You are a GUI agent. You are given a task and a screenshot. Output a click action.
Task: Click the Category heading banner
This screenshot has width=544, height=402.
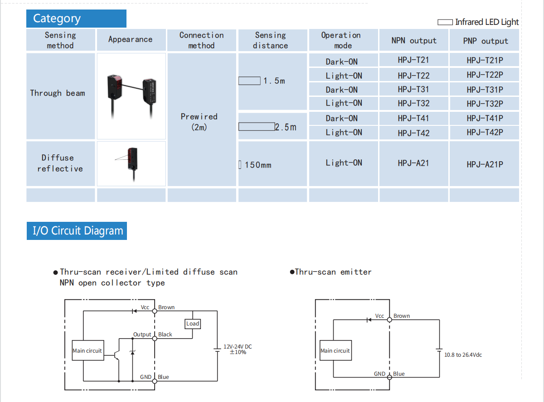[x=76, y=19]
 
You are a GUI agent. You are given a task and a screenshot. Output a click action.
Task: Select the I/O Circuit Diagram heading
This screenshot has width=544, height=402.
[x=78, y=231]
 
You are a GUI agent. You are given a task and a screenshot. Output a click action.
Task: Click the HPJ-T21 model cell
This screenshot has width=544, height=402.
[x=413, y=60]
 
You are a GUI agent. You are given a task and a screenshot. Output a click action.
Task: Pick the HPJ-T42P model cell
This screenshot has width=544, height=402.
[x=485, y=133]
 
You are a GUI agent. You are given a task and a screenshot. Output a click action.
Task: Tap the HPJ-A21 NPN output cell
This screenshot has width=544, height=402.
[x=413, y=163]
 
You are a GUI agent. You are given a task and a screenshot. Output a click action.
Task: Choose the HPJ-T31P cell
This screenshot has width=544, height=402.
[x=485, y=90]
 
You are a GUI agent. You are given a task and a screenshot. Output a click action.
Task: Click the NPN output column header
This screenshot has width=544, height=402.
[x=413, y=41]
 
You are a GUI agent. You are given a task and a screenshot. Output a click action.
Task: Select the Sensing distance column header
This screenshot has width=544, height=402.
[x=271, y=40]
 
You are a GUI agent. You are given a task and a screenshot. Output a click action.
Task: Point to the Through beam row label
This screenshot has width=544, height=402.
[x=58, y=93]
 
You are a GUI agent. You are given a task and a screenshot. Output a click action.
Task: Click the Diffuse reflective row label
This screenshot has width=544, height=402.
[x=60, y=163]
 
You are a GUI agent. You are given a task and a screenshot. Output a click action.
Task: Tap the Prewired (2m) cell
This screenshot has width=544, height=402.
[x=199, y=122]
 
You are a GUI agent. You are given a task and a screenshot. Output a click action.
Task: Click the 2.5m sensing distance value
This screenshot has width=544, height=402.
[x=286, y=127]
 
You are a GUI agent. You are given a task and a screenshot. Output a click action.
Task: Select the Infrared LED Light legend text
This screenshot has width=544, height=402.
[x=486, y=22]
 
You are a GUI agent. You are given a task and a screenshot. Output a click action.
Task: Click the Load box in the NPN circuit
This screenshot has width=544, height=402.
[x=193, y=324]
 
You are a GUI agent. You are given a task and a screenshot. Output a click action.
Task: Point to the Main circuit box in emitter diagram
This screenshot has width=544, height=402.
[x=335, y=351]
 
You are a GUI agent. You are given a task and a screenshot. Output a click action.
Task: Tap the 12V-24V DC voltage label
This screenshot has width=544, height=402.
[x=238, y=349]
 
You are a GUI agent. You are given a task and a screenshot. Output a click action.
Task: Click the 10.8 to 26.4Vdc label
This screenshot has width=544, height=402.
[x=463, y=355]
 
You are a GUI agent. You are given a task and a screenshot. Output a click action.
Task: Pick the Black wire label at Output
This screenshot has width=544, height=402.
[x=165, y=335]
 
